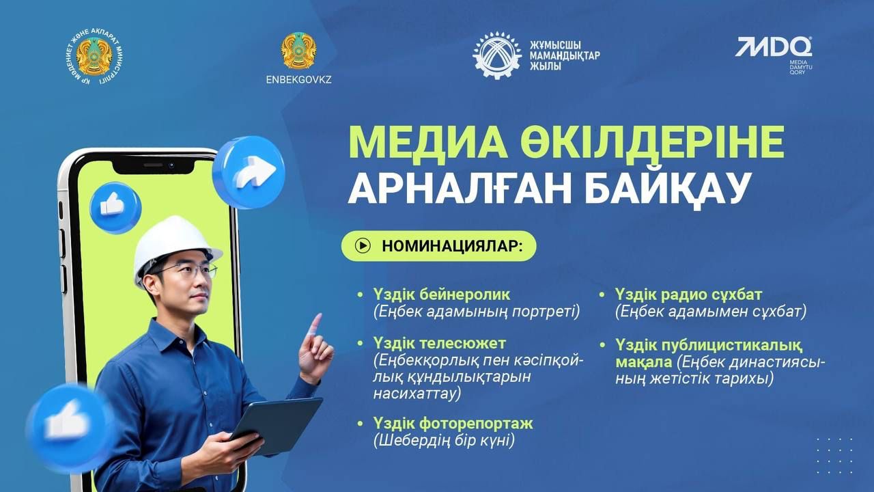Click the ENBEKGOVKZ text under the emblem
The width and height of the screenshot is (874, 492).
[x=299, y=79]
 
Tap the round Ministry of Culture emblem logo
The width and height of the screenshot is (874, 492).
[x=95, y=57]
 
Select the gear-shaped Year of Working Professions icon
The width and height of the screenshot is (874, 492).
[x=496, y=55]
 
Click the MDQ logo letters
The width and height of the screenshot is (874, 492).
[x=774, y=47]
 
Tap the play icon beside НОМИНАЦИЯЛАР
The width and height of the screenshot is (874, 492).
[x=363, y=245]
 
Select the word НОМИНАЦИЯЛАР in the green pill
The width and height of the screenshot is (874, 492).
[x=452, y=246]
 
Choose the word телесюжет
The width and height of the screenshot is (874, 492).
[x=462, y=343]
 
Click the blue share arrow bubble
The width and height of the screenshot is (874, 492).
[x=249, y=172]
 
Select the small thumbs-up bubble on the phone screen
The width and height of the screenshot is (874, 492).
[x=115, y=207]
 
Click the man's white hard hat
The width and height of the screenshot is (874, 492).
[x=175, y=247]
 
